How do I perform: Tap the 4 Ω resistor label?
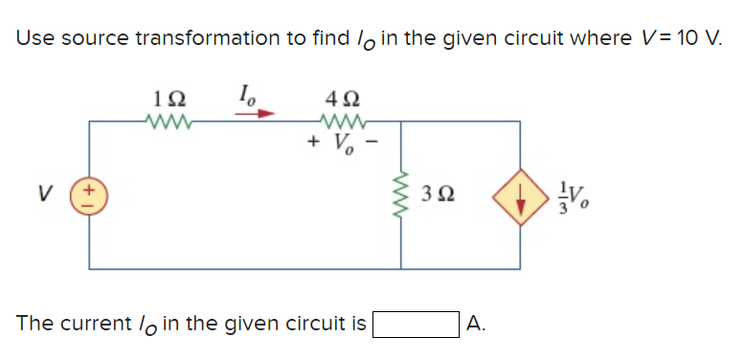(341, 97)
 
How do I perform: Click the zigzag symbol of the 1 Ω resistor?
(165, 121)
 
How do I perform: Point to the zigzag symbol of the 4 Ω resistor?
(341, 121)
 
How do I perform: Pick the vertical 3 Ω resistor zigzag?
(401, 195)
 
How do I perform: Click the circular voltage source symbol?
(91, 195)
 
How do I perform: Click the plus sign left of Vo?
(312, 145)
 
